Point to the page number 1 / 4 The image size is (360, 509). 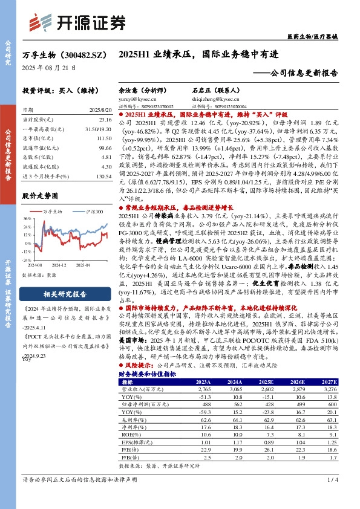pyautogui.click(x=332, y=496)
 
